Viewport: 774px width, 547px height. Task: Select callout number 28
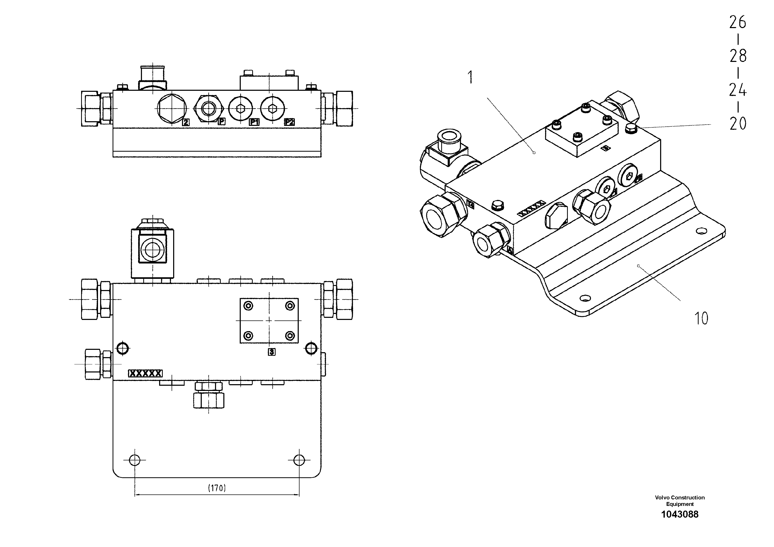pos(738,56)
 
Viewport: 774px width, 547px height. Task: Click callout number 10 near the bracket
pos(701,318)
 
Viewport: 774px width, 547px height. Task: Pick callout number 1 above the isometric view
pos(470,77)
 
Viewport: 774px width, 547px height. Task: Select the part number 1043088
pos(680,514)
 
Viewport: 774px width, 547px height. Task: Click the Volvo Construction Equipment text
pos(680,500)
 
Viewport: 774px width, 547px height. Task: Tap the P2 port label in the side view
pos(289,122)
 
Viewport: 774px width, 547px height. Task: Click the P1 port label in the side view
pos(254,122)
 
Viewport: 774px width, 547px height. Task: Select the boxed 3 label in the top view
pos(271,352)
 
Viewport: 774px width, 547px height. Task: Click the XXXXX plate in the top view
pos(145,373)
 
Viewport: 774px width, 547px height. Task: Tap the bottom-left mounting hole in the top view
pos(134,460)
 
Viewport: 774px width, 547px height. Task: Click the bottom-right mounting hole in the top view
pos(299,460)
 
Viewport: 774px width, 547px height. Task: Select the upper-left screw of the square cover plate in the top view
pos(249,306)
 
